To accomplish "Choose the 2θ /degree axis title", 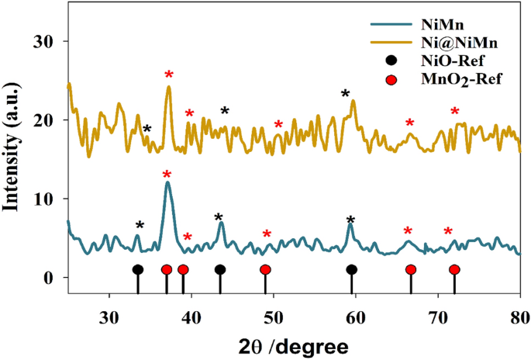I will click(x=293, y=343).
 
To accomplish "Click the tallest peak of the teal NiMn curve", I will click(x=167, y=182).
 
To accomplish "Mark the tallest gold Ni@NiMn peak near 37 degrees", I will click(x=169, y=87).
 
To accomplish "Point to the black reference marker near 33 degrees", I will click(x=138, y=270).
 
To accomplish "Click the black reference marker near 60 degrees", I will click(x=352, y=270).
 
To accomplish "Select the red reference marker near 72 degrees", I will click(x=454, y=270).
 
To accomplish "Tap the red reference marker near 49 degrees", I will click(x=265, y=270).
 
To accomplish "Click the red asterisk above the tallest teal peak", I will click(x=167, y=174).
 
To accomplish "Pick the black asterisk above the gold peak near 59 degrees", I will click(x=346, y=94).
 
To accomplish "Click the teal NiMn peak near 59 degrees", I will click(x=350, y=226).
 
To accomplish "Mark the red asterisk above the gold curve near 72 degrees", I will click(x=455, y=111).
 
